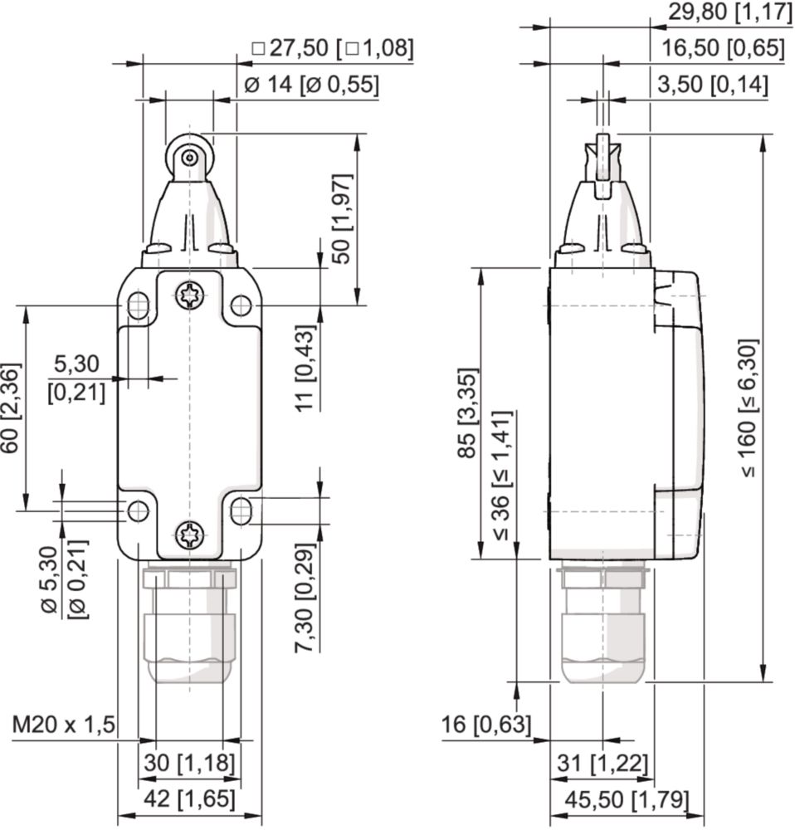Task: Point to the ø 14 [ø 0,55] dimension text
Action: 312,85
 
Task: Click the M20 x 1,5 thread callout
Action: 64,724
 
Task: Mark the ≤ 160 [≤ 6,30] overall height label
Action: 749,408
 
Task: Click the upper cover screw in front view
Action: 189,296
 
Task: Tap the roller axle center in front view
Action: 189,158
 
